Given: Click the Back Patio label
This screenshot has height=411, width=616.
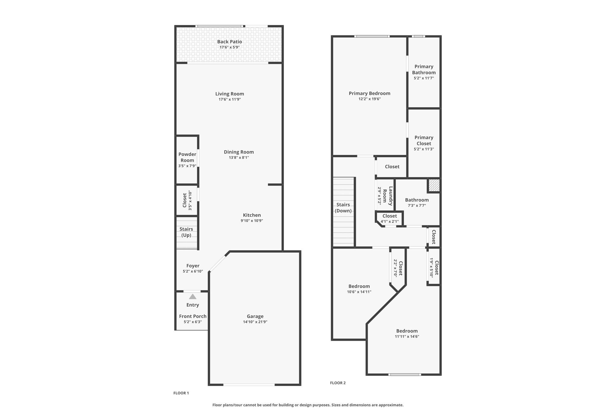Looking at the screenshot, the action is click(229, 42).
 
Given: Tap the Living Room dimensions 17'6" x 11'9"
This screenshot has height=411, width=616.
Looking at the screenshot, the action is click(229, 99).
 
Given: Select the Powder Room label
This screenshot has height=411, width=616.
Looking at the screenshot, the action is click(187, 157).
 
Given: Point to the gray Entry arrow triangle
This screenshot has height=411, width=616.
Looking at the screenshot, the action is click(192, 297).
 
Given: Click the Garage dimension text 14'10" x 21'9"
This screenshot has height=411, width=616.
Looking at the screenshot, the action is click(255, 322).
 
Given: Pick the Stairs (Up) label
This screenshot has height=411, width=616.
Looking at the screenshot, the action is click(186, 232).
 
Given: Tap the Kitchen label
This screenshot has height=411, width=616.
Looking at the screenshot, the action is click(252, 215).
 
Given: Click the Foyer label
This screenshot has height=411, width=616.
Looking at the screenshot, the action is click(193, 266).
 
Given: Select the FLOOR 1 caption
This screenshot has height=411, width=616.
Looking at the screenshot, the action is click(181, 393).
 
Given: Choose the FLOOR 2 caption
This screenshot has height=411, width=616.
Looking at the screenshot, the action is click(338, 383).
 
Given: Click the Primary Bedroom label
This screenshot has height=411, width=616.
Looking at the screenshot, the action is click(369, 93).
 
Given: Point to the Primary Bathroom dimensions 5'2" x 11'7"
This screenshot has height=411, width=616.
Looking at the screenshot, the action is click(424, 78).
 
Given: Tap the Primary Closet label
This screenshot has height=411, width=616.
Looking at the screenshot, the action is click(424, 140).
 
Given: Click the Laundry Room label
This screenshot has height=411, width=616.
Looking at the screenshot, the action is click(388, 196).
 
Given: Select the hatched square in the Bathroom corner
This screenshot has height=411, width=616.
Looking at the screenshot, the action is click(434, 185).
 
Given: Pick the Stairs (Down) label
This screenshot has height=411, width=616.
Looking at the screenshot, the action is click(343, 208).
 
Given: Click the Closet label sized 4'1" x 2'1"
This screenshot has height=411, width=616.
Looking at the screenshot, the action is click(390, 216).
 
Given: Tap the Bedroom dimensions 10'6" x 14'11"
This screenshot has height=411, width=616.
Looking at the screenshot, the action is click(359, 292).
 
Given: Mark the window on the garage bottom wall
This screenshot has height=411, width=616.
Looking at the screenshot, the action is click(249, 385).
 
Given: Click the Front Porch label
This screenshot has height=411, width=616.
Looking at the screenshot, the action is click(193, 316).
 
